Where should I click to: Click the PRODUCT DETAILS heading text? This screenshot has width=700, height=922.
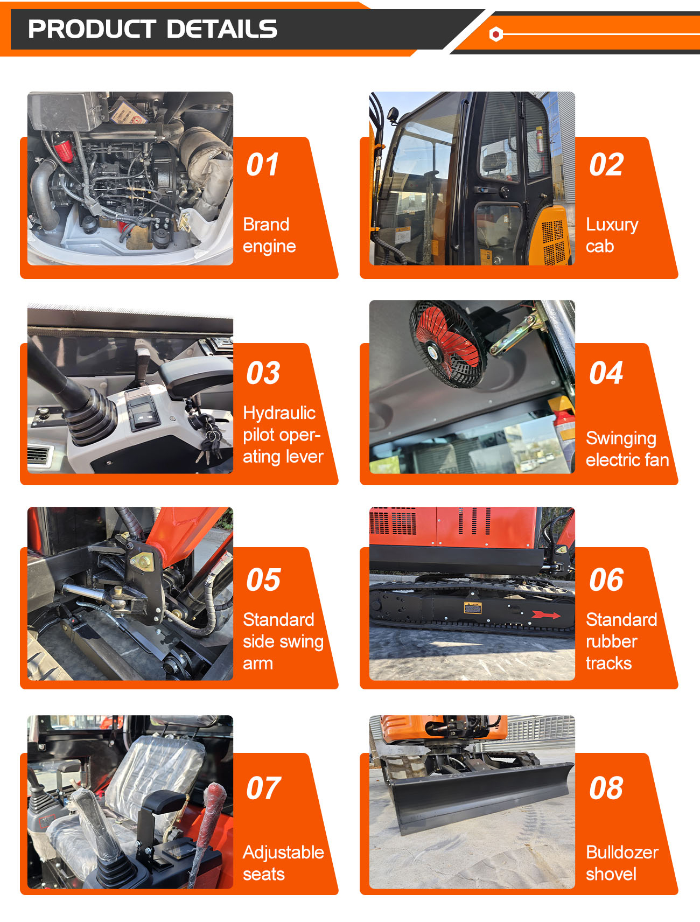click(152, 29)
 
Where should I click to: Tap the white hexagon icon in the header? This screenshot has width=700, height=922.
click(496, 34)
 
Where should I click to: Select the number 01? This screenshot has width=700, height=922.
click(263, 164)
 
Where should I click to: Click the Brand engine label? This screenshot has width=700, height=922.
click(269, 235)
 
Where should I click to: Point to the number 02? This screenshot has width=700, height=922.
click(606, 164)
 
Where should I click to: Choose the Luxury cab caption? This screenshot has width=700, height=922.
click(612, 235)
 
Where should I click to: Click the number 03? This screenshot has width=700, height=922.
click(263, 373)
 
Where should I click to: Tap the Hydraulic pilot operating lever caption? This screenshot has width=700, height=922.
click(283, 435)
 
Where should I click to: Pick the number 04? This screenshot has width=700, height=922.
click(606, 373)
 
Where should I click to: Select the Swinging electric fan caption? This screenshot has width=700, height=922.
click(627, 449)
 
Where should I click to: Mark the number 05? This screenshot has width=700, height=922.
click(263, 579)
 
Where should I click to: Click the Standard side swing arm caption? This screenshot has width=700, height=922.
click(283, 641)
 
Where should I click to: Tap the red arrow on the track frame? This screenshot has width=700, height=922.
click(546, 615)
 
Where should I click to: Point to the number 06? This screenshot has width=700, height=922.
click(606, 579)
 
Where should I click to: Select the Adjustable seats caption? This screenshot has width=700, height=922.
click(283, 863)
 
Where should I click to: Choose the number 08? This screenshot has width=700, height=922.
click(606, 788)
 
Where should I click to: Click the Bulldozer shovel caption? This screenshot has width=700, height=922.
click(622, 863)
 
